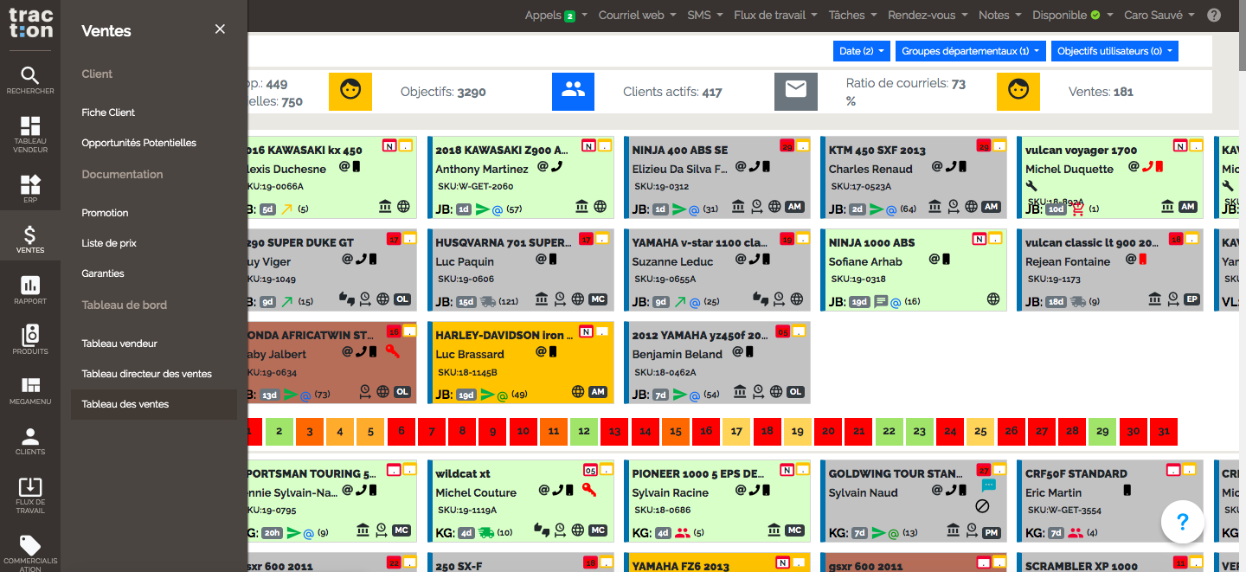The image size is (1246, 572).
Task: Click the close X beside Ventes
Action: (x=220, y=29)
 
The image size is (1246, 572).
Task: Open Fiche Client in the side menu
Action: (x=108, y=112)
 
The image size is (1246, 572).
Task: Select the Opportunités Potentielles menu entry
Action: (x=138, y=143)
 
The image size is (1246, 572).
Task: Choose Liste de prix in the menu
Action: (x=109, y=243)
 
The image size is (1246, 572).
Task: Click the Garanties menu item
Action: (x=103, y=273)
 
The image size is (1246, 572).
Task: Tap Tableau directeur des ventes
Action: (x=146, y=374)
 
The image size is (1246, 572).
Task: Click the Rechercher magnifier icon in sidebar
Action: (x=30, y=76)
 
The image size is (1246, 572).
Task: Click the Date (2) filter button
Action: (x=861, y=51)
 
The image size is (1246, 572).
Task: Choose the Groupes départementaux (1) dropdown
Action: (x=970, y=51)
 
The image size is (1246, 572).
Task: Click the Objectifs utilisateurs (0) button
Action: (x=1114, y=51)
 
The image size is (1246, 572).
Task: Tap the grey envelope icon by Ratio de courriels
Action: (x=796, y=91)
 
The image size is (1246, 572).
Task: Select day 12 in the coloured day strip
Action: (x=584, y=431)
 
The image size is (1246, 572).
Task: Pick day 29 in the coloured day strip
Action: (x=1102, y=431)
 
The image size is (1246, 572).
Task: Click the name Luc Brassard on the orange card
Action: (x=470, y=354)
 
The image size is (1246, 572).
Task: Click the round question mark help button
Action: (x=1183, y=522)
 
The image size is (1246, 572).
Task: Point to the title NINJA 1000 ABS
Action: (x=871, y=242)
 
